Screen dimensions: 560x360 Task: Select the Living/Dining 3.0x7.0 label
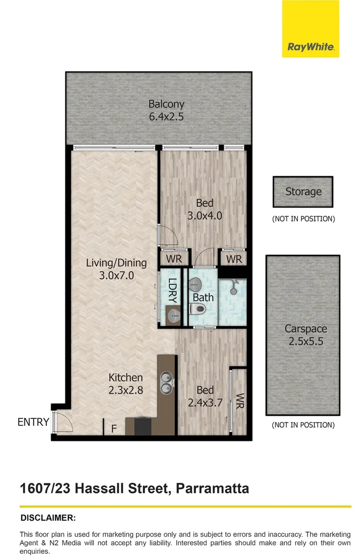116,269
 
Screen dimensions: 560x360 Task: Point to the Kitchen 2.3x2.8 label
125,384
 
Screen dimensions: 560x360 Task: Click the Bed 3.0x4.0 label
204,209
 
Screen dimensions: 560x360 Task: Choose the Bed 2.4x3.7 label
204,396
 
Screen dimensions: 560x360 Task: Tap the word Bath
203,298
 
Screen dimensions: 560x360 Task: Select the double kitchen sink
167,382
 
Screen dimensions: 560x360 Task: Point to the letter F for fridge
114,429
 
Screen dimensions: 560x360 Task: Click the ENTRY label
33,422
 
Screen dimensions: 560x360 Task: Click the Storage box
303,191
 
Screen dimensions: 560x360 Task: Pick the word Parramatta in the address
213,488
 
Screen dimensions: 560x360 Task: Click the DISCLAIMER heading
48,517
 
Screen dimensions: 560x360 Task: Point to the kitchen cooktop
143,425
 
